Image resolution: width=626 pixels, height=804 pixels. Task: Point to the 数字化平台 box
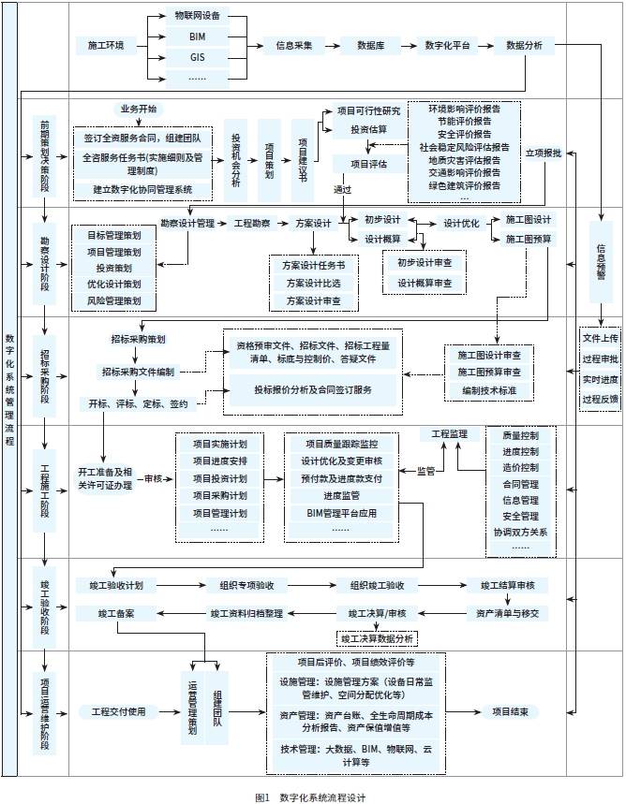pyautogui.click(x=446, y=45)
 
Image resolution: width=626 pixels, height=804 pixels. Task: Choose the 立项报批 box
pyautogui.click(x=543, y=152)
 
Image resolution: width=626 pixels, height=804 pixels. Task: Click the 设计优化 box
pyautogui.click(x=461, y=223)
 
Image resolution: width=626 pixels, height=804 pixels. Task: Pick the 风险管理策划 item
pyautogui.click(x=114, y=301)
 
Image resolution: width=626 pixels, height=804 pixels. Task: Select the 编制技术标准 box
pyautogui.click(x=489, y=388)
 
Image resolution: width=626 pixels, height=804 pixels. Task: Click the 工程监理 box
pyautogui.click(x=449, y=435)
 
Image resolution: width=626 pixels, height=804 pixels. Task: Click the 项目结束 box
pyautogui.click(x=515, y=712)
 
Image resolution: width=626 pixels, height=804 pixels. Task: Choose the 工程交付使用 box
pyautogui.click(x=118, y=712)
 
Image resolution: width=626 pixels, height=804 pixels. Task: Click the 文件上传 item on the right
pyautogui.click(x=600, y=337)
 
